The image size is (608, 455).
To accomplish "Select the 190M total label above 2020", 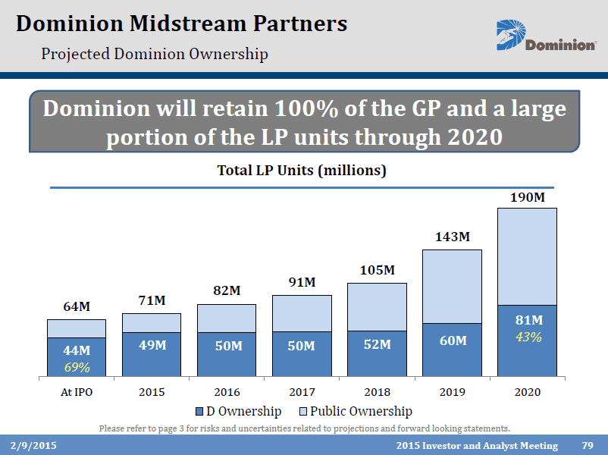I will pyautogui.click(x=527, y=196).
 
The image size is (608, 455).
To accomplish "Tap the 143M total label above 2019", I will pyautogui.click(x=452, y=237).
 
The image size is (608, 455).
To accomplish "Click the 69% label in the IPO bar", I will pyautogui.click(x=77, y=367).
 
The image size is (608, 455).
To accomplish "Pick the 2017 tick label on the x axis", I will pyautogui.click(x=302, y=392).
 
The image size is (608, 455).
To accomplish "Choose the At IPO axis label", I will pyautogui.click(x=77, y=392).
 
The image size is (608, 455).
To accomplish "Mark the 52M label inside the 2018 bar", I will pyautogui.click(x=377, y=345).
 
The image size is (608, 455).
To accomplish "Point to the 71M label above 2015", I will pyautogui.click(x=152, y=301).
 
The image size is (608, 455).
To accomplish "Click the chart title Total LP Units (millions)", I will pyautogui.click(x=302, y=171).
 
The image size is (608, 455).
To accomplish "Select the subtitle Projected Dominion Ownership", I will pyautogui.click(x=155, y=54).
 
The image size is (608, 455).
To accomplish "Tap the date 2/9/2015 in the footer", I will pyautogui.click(x=33, y=445).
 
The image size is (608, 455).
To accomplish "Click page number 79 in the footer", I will pyautogui.click(x=587, y=445).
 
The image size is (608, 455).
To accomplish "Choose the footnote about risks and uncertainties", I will pyautogui.click(x=304, y=428).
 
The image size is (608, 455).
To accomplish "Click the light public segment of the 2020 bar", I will pyautogui.click(x=527, y=256).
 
